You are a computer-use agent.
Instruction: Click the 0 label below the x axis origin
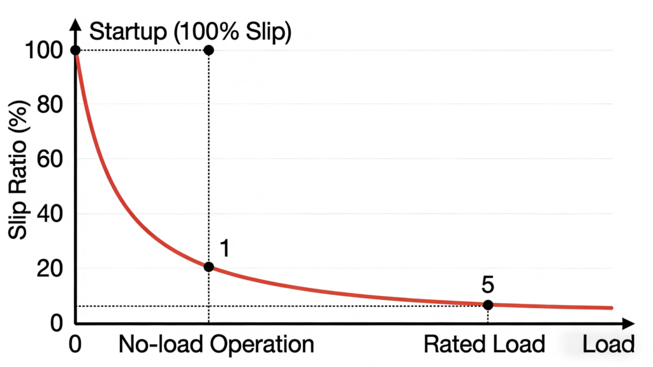pos(75,345)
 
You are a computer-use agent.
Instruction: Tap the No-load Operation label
pos(216,345)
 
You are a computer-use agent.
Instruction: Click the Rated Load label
pos(485,345)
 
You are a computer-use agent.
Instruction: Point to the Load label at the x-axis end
pos(608,345)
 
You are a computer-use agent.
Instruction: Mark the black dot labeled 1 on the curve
pos(209,267)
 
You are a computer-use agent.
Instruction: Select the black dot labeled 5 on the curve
pos(488,304)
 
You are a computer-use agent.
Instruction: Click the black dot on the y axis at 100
pos(75,50)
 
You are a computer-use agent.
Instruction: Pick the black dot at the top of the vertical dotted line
pos(209,50)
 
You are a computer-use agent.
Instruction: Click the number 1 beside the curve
pos(224,247)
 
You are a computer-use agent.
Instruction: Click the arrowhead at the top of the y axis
pos(75,26)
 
